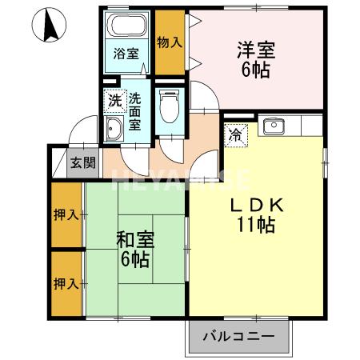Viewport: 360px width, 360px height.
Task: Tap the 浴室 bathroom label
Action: (126, 54)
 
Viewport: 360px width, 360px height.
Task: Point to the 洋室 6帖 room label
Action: (255, 58)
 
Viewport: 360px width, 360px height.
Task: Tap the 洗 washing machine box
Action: (114, 101)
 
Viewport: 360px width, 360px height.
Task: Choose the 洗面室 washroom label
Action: (135, 111)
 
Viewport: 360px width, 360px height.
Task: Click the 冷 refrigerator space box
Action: (235, 136)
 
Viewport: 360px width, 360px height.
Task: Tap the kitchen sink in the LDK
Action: (273, 126)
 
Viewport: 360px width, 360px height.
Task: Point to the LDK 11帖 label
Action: (258, 214)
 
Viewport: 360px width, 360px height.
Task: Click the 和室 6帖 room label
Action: (135, 249)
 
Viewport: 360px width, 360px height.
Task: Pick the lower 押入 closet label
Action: (66, 283)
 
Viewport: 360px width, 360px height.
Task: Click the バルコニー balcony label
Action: (238, 336)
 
